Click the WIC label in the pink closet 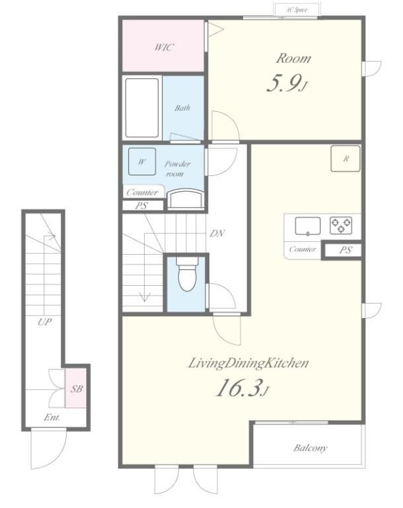tap(164, 48)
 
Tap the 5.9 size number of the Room tap(284, 83)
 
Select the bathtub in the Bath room tap(142, 108)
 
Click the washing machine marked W tap(142, 161)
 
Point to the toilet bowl tap(187, 274)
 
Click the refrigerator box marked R tap(346, 159)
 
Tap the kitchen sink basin tap(307, 226)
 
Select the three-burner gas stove tap(341, 226)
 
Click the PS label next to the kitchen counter tap(346, 250)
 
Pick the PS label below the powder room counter tap(141, 206)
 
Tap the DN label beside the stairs tap(217, 233)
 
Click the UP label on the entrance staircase tap(44, 322)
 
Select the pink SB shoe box tap(76, 388)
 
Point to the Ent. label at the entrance tap(52, 417)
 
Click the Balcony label tap(310, 448)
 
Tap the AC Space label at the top tap(297, 10)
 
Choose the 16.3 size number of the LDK tap(238, 388)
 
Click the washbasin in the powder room tap(186, 198)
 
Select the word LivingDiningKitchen tap(248, 363)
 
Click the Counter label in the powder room tap(142, 192)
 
